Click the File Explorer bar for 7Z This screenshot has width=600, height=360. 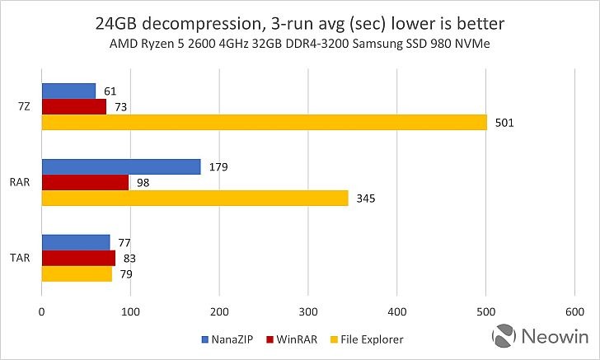coord(264,122)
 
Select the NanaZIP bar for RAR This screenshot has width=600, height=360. coord(121,166)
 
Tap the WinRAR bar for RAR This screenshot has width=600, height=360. coord(85,182)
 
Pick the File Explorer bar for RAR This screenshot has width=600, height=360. coord(195,198)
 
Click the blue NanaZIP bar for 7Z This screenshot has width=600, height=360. coord(68,91)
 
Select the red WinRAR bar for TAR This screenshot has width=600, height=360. coord(78,258)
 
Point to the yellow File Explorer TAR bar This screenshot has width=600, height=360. coord(77,274)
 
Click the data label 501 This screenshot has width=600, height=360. coord(504,123)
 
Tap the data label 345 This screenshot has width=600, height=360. coord(365,199)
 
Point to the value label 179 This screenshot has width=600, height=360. coord(218,167)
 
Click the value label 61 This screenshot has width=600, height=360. coord(110,91)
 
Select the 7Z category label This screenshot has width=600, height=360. coord(24,106)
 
